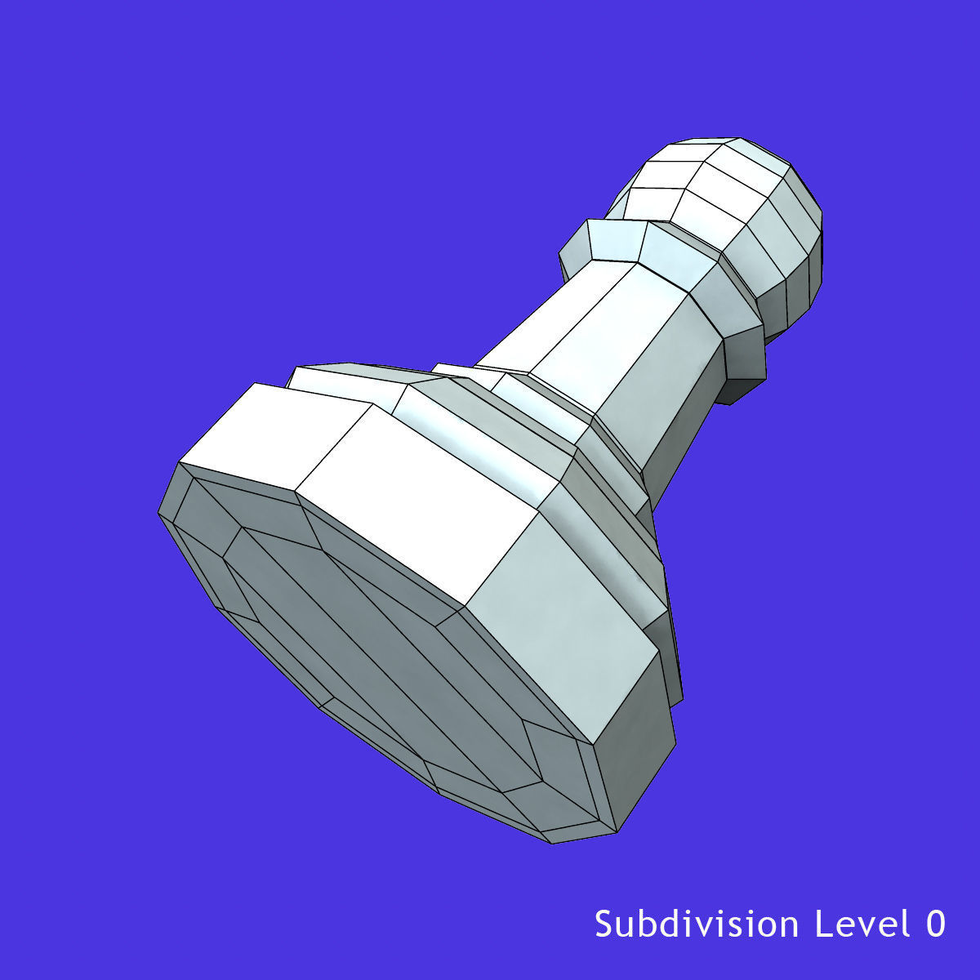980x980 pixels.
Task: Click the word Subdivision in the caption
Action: (x=696, y=924)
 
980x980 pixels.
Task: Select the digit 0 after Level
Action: (x=936, y=924)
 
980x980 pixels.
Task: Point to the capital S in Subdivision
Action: (x=603, y=924)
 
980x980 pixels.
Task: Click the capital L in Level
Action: (x=822, y=924)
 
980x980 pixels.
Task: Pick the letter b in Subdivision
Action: (x=645, y=924)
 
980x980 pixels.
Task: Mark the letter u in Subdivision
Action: (x=624, y=925)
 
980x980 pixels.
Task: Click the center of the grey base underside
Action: (x=384, y=653)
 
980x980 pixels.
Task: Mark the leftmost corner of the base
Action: (x=158, y=514)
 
